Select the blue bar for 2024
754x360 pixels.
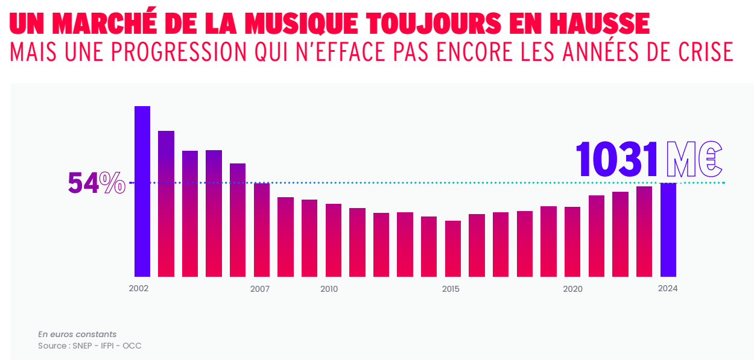coord(668,230)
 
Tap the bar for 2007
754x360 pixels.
coord(262,230)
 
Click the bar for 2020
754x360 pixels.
coord(572,241)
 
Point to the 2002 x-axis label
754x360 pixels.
coord(139,289)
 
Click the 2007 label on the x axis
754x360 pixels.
coord(260,289)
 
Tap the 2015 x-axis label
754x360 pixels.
coord(451,289)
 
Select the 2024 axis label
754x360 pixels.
coord(668,289)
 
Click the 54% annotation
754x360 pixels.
coord(97,183)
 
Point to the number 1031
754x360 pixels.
coord(616,160)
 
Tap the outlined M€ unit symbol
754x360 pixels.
coord(694,160)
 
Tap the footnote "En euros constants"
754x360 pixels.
coord(77,334)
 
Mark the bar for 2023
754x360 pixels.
coord(644,232)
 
